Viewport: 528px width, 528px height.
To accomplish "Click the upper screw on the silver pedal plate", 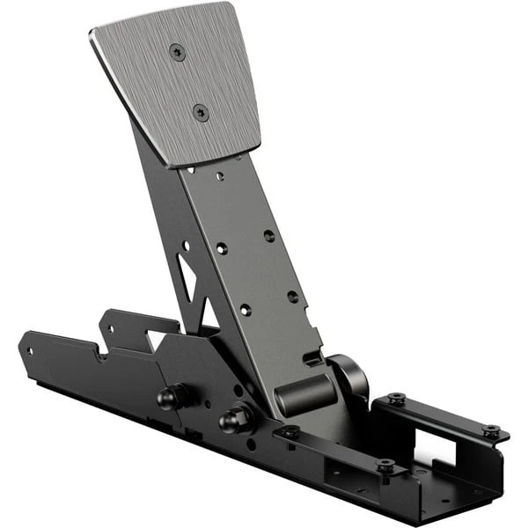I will coord(178,53).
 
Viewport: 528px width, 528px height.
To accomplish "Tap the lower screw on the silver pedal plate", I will coord(201,112).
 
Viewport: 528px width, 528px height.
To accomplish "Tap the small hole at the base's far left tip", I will coord(29,350).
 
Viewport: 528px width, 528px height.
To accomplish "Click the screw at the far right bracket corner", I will coord(491,432).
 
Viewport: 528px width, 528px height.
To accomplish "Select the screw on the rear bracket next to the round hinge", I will coord(396,400).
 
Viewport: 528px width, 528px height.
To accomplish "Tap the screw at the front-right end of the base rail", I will coord(385,465).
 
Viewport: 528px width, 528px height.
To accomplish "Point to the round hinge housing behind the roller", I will coord(349,376).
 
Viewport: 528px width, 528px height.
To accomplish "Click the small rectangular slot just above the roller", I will coord(309,359).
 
